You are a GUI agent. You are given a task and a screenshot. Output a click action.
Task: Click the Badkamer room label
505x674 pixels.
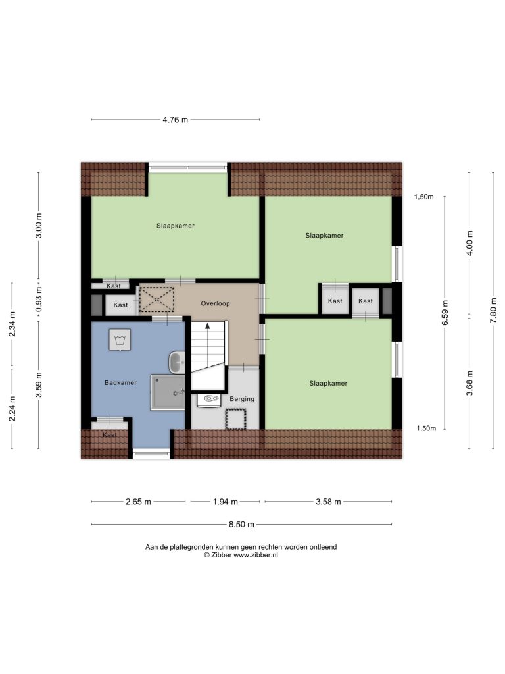pyautogui.click(x=121, y=382)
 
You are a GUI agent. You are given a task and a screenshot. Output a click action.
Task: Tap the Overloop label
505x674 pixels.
pyautogui.click(x=215, y=303)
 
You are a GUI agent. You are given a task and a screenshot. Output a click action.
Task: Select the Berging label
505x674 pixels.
pyautogui.click(x=242, y=399)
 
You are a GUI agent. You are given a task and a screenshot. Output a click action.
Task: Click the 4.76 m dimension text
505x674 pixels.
pyautogui.click(x=175, y=120)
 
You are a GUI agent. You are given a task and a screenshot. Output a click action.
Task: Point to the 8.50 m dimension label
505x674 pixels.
pyautogui.click(x=241, y=525)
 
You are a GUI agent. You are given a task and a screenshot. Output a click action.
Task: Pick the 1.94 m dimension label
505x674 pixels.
pyautogui.click(x=226, y=502)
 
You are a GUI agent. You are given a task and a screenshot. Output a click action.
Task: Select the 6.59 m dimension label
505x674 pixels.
pyautogui.click(x=445, y=313)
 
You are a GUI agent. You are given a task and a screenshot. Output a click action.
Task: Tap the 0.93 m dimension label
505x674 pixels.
pyautogui.click(x=39, y=299)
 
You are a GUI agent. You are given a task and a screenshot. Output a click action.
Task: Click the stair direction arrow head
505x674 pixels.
pyautogui.click(x=208, y=326)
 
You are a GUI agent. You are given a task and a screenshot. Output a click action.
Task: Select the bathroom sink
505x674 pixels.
pyautogui.click(x=176, y=363)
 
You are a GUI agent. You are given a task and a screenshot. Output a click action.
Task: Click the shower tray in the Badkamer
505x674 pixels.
pyautogui.click(x=168, y=392)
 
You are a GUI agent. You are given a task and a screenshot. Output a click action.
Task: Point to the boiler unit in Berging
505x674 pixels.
pyautogui.click(x=208, y=400)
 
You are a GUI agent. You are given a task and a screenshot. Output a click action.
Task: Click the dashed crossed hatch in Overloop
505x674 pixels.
pyautogui.click(x=156, y=299)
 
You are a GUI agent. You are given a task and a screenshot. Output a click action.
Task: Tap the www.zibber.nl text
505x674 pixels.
pyautogui.click(x=256, y=555)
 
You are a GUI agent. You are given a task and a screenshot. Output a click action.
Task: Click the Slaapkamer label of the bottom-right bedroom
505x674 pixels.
pyautogui.click(x=328, y=384)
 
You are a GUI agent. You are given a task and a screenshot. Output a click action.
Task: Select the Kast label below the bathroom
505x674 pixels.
pyautogui.click(x=110, y=435)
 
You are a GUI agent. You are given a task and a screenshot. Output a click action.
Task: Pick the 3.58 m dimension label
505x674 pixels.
pyautogui.click(x=328, y=502)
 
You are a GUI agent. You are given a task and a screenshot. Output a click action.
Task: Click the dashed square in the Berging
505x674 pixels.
pyautogui.click(x=236, y=419)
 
